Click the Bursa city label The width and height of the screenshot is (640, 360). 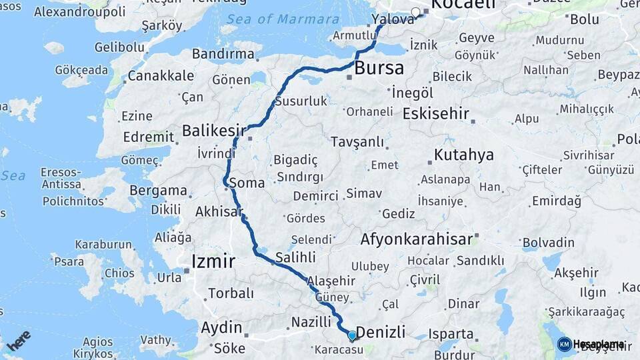coord(379,68)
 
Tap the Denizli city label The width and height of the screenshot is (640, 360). coord(381,332)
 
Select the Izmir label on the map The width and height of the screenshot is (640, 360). coord(213,261)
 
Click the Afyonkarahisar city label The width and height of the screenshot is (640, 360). coord(417,239)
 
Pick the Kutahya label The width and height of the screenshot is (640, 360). coord(464,155)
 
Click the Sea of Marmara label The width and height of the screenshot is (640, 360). coord(283,19)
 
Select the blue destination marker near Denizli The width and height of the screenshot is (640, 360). coord(352,335)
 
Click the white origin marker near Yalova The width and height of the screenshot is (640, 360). coord(416,12)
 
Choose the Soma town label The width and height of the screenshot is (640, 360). coord(246,183)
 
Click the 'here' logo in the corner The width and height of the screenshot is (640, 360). coord(19,341)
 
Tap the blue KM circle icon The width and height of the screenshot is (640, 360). coord(564,344)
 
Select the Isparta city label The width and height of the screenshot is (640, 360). coord(451,334)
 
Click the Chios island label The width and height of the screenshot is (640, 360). coord(119,273)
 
